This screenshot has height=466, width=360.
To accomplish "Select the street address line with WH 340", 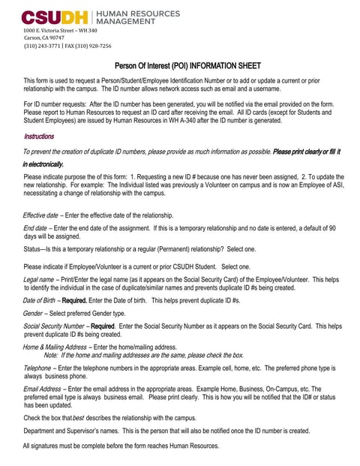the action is (61, 30).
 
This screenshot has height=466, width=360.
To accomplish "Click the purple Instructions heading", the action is (38, 137).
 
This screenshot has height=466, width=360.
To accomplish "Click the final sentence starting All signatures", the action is (121, 446).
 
